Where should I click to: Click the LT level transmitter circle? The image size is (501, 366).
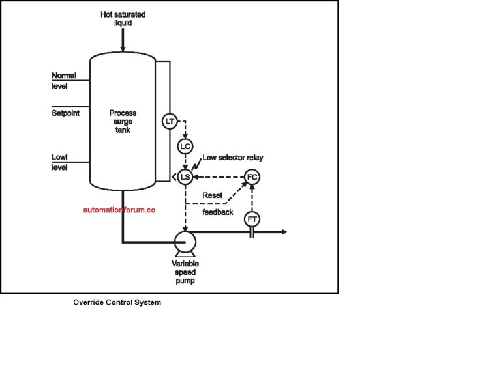coord(170,121)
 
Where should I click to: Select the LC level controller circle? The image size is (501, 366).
coord(185,147)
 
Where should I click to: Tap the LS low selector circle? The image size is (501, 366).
coord(185,176)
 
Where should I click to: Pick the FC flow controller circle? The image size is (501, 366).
coord(252,176)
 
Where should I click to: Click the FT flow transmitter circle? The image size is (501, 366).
coord(252,219)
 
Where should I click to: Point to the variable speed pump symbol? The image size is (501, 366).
coord(185,243)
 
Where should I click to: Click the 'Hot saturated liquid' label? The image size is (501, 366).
coord(122,18)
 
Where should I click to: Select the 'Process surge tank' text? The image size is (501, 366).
coord(122,121)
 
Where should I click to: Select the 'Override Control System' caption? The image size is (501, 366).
coord(117,303)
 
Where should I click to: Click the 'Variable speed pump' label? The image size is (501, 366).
coord(185,272)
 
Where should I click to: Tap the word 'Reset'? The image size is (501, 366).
coord(213,195)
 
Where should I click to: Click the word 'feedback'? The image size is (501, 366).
coord(217,212)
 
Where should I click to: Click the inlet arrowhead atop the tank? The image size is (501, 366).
coord(122,46)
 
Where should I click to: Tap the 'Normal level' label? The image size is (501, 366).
coord(64,81)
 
